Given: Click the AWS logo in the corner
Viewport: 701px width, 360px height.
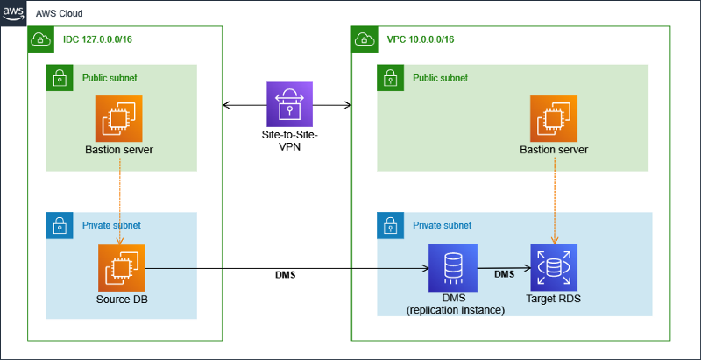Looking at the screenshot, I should click(x=14, y=14).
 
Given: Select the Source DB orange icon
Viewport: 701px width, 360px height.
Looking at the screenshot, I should click(x=122, y=266).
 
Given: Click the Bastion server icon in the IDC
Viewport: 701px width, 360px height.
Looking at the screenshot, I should click(x=122, y=117).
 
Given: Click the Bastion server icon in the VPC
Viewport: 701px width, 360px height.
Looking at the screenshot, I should click(x=553, y=117).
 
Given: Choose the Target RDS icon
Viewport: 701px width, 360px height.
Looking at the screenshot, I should click(x=553, y=266).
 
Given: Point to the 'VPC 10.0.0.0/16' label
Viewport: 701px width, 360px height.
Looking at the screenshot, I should click(x=421, y=39).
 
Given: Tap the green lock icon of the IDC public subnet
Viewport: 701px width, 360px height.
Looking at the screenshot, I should click(x=60, y=78).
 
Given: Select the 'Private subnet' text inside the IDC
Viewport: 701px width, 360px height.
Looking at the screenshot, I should click(x=111, y=225).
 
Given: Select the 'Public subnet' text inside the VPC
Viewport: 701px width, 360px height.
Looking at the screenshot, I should click(x=440, y=78).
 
